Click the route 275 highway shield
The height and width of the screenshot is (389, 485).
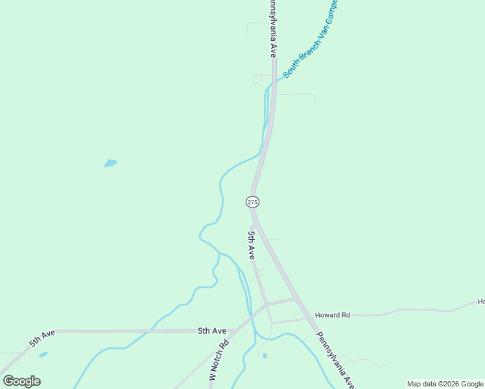click(253, 202)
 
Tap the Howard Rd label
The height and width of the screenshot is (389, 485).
click(332, 315)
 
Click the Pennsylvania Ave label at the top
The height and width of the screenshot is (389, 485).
click(273, 29)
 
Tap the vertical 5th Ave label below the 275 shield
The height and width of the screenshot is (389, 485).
click(251, 245)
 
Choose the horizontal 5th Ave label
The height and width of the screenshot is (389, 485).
click(212, 331)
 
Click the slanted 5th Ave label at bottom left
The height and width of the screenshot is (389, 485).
click(42, 338)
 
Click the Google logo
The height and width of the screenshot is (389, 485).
click(21, 381)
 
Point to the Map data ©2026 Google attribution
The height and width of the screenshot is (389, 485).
click(445, 384)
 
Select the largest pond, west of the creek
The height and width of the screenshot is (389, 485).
click(111, 163)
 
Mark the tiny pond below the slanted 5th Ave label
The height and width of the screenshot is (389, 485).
click(43, 355)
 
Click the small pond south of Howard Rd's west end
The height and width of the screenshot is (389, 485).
click(265, 355)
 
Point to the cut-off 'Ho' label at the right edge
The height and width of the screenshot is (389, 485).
click(481, 301)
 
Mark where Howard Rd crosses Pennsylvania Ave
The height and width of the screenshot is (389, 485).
click(296, 298)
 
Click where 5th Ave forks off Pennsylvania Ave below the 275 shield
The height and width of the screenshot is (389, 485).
click(255, 224)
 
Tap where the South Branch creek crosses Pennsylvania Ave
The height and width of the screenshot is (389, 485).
click(274, 80)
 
